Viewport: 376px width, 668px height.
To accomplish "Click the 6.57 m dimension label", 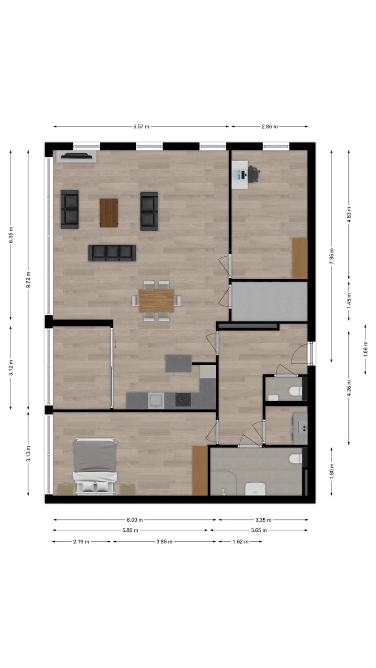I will pos(141,126).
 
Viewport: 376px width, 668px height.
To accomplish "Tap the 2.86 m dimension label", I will pos(269,126).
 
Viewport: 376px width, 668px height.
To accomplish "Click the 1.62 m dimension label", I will pos(241,542).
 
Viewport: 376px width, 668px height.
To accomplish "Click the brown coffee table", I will pos(109,213).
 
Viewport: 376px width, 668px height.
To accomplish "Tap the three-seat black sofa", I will pos(112,253).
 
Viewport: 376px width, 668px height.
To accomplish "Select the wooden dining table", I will pos(156,301).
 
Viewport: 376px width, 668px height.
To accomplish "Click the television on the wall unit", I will pos(76,155).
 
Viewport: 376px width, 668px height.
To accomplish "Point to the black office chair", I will pos(254,173).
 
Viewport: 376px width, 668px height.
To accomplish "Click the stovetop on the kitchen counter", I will pos(183,400).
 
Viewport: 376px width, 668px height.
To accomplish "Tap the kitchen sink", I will pos(156,400).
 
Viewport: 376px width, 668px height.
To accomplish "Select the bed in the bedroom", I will pos(95,466).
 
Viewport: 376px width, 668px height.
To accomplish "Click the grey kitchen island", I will pos(179,363).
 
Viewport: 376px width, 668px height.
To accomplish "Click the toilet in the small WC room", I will pos(295,390).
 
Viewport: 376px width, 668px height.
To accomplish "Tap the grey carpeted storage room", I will pos(269,302).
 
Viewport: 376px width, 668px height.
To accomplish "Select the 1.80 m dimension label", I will pos(331,471).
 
